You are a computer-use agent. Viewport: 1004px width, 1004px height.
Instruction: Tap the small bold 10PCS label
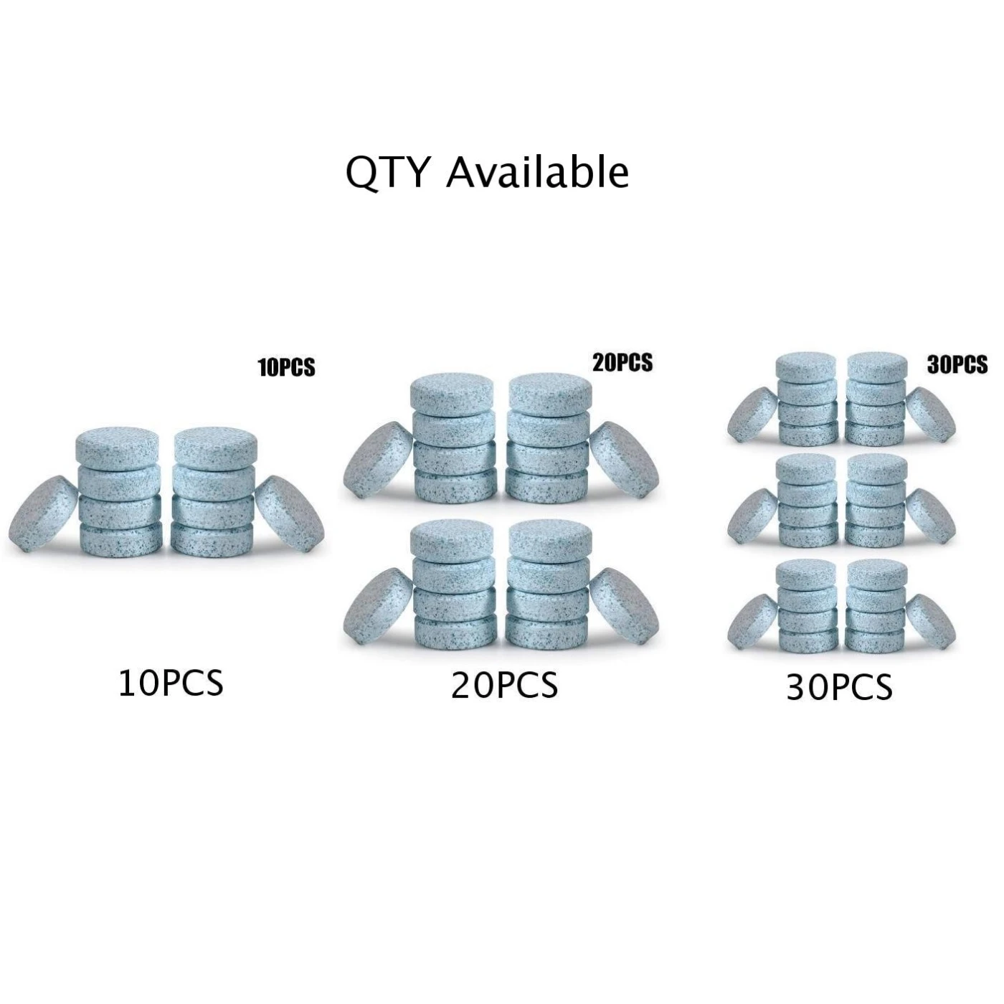click(287, 367)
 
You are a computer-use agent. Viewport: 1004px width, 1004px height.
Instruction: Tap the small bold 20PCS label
click(622, 363)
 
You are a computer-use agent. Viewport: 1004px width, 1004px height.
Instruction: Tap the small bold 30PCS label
click(957, 364)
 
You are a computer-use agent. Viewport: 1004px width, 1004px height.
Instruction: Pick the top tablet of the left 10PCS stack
click(118, 447)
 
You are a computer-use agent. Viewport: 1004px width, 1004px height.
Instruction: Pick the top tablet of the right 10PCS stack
click(214, 447)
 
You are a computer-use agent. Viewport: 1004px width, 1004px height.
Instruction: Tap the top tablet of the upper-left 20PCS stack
click(452, 392)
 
